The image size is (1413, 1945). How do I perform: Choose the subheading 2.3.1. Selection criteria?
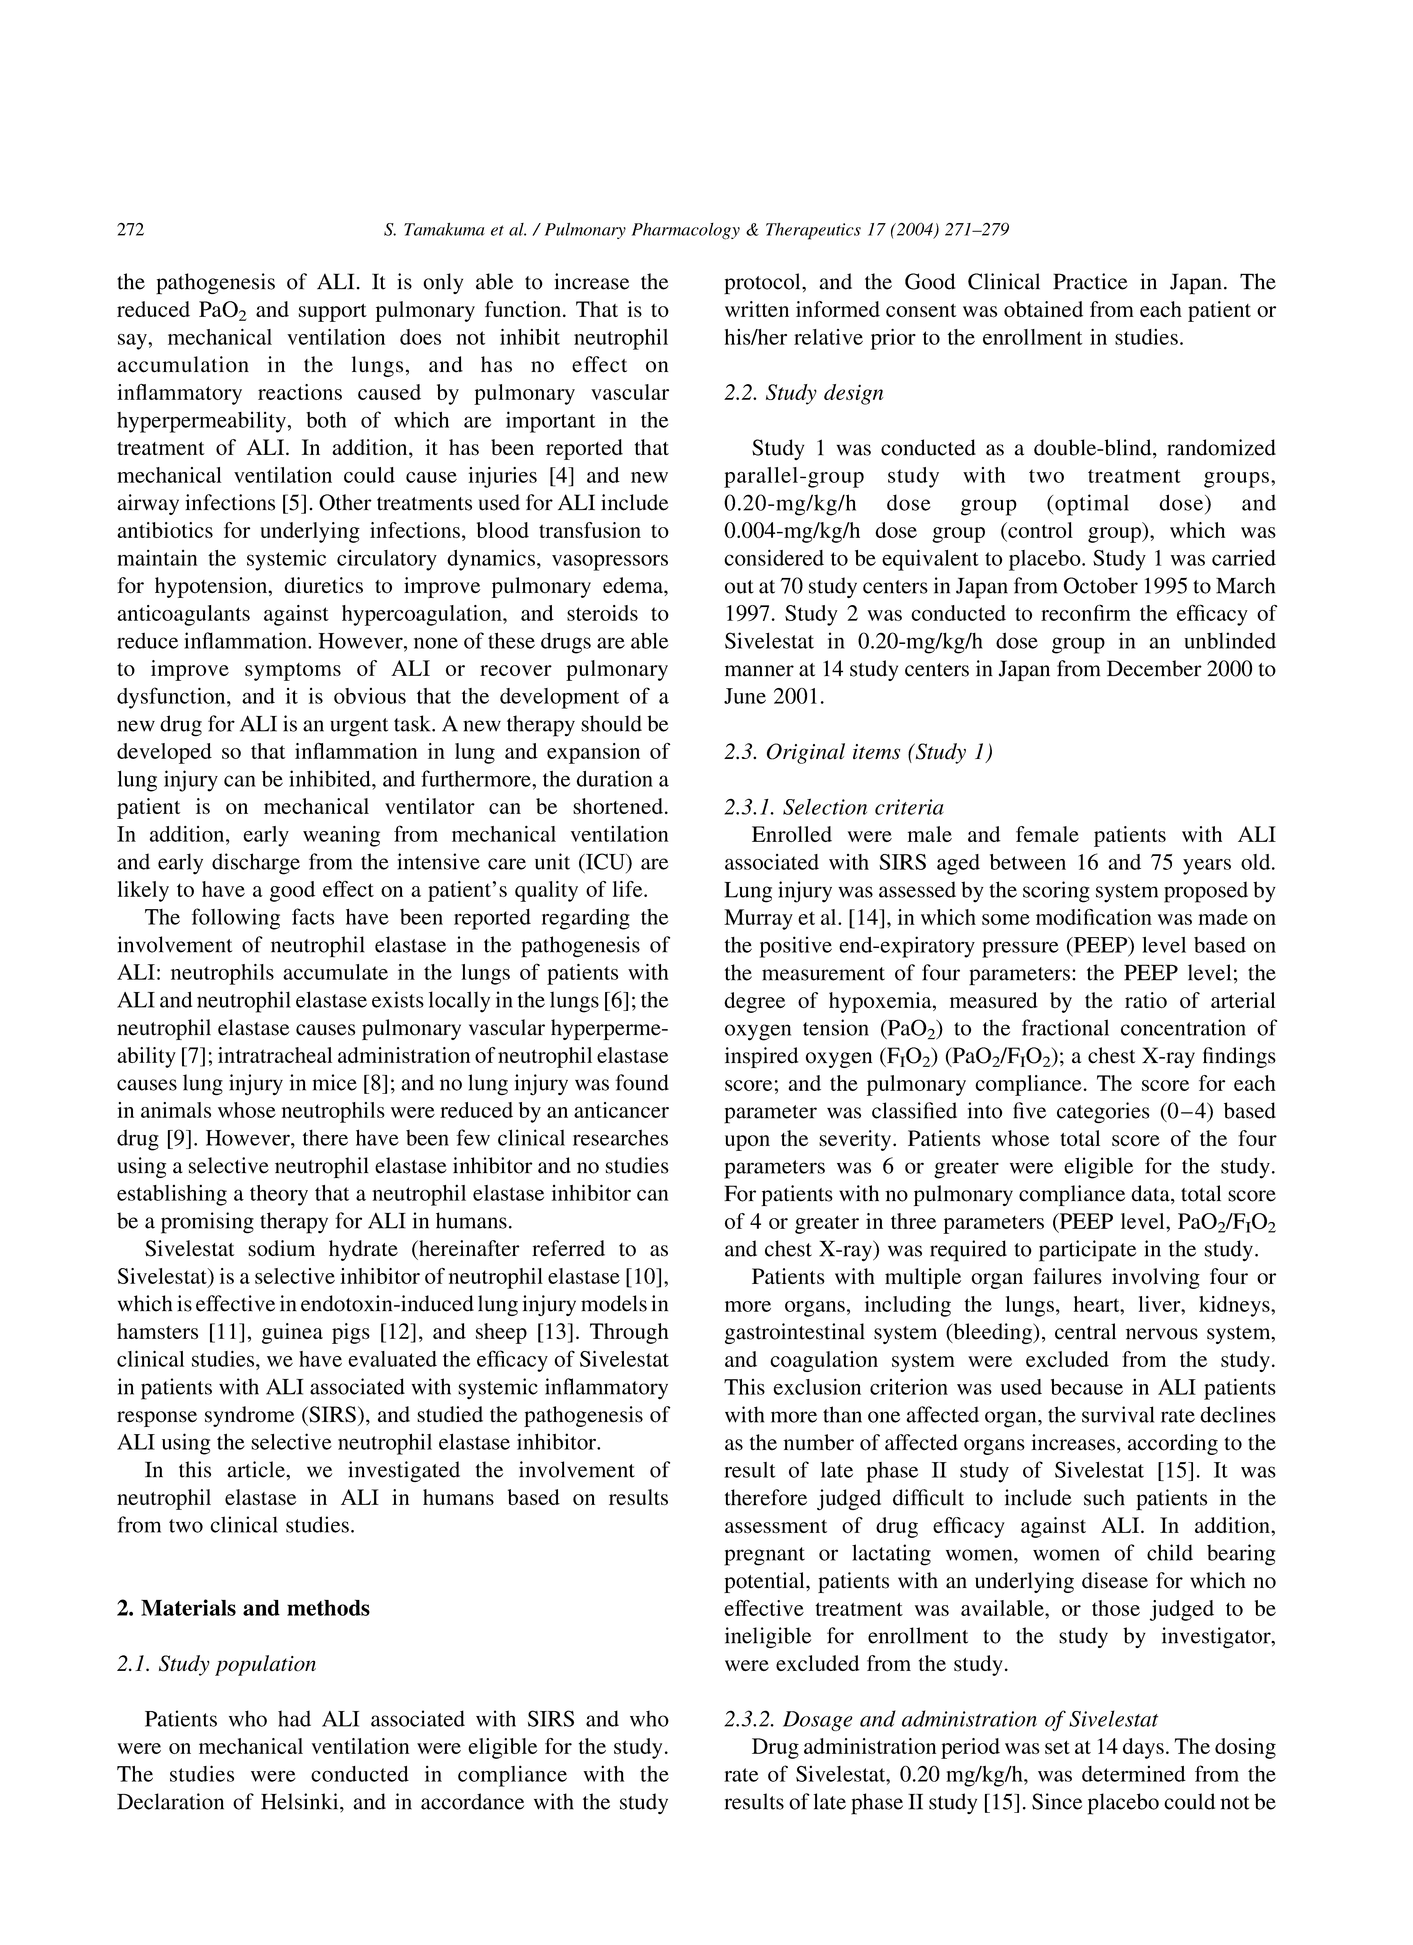(833, 807)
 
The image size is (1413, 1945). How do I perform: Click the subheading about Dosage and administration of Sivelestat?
(941, 1719)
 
